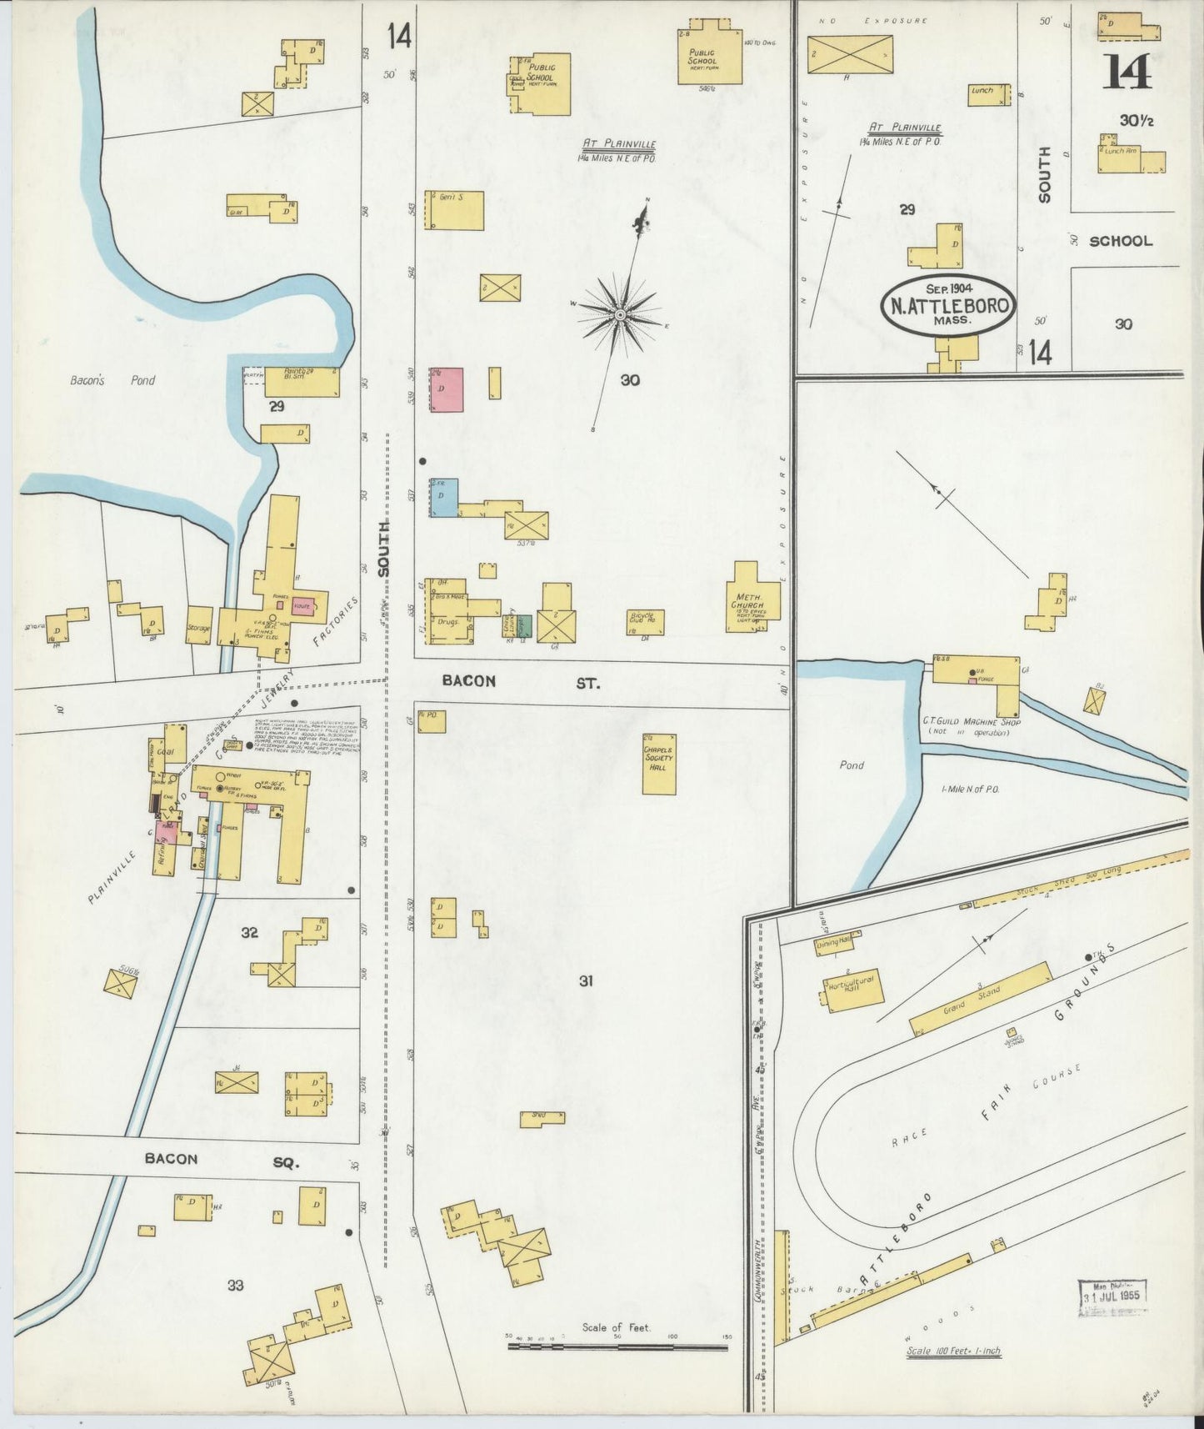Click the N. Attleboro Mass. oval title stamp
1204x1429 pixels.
tap(947, 305)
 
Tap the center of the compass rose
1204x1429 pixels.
tap(620, 314)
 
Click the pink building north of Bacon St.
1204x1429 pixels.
tap(446, 389)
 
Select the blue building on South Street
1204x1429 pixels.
tap(443, 497)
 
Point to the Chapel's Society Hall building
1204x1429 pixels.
tap(658, 763)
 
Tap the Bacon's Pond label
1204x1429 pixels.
tap(112, 380)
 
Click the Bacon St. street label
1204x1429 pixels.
tap(517, 681)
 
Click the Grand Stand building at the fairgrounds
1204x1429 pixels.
tap(979, 999)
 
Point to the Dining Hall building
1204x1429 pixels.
tap(837, 942)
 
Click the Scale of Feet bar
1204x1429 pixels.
tap(617, 1346)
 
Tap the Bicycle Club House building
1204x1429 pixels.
tap(646, 621)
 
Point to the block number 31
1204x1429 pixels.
tap(586, 981)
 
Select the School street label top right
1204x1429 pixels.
tap(1121, 241)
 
